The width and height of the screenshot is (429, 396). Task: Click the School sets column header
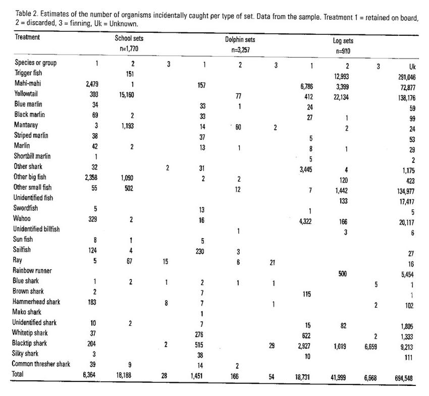pos(126,39)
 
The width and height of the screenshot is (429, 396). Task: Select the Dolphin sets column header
pos(240,39)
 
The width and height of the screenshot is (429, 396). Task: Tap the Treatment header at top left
pos(27,37)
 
